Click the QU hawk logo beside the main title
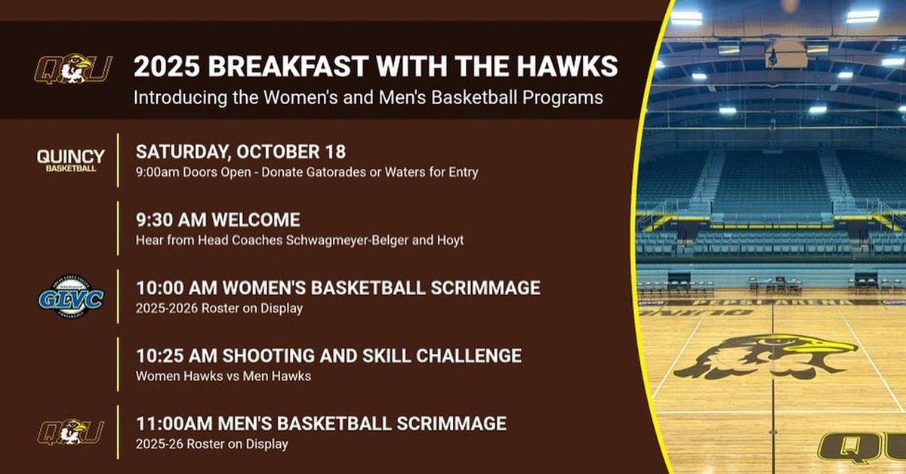click(x=73, y=69)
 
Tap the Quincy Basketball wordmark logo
click(x=71, y=160)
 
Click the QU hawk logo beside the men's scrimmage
click(x=73, y=432)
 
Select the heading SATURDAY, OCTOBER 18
click(x=241, y=152)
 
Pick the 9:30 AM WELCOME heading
click(x=217, y=220)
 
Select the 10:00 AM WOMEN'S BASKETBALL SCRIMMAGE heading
click(x=337, y=288)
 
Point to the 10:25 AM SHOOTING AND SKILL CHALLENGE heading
click(x=328, y=355)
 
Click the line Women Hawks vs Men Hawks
click(x=223, y=375)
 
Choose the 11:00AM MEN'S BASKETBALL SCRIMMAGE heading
click(x=321, y=423)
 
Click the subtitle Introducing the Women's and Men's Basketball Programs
click(x=368, y=98)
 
